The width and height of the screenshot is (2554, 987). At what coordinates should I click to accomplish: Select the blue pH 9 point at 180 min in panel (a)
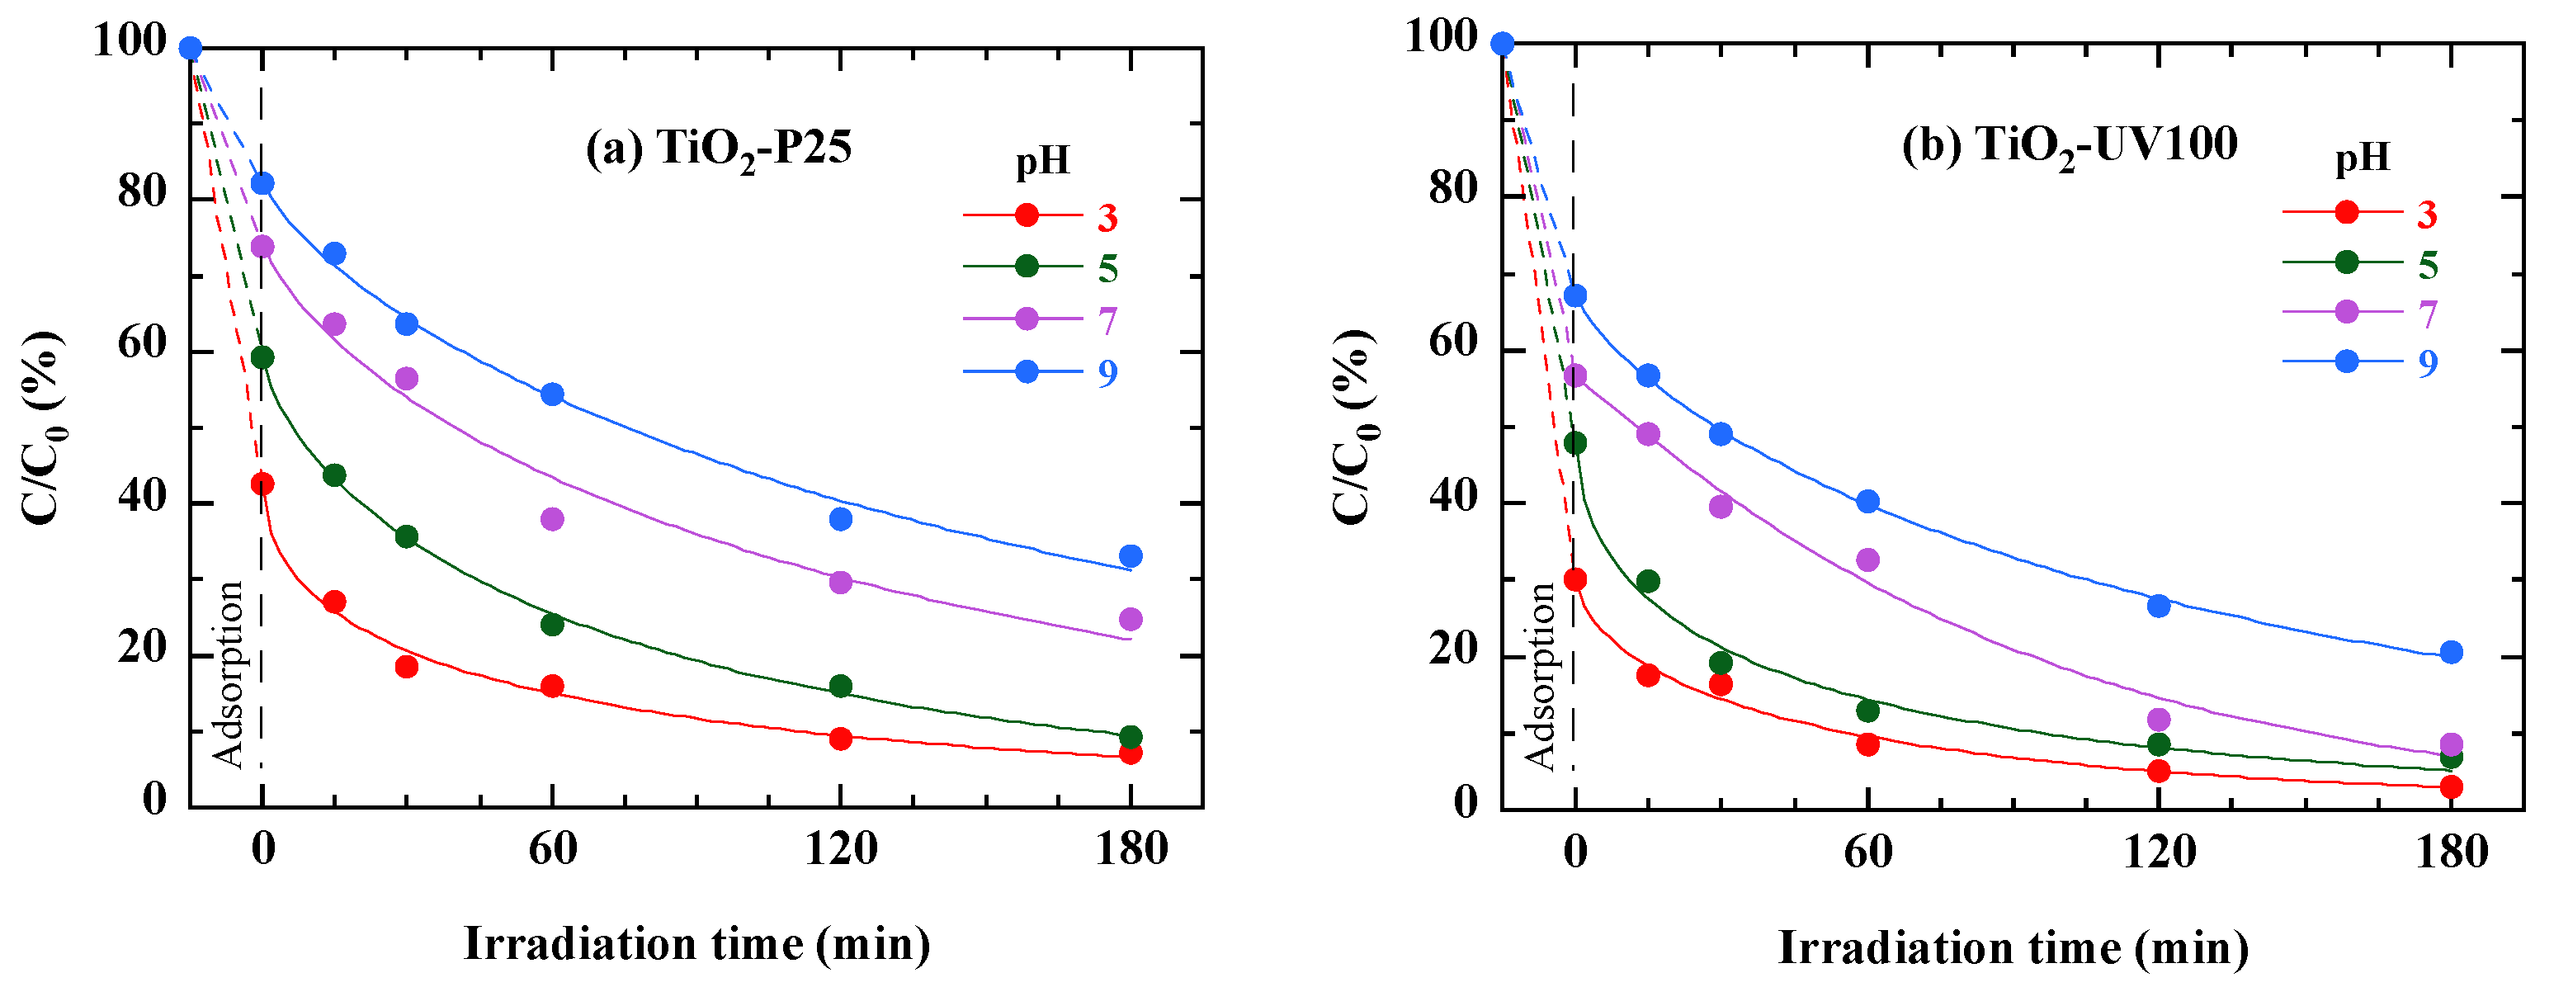click(x=1131, y=556)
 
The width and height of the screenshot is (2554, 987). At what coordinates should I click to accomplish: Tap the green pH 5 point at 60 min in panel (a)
click(x=552, y=625)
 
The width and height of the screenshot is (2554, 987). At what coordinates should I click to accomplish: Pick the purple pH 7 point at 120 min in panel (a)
click(x=841, y=583)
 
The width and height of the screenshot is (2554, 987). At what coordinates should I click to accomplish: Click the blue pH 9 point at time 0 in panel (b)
click(x=1574, y=295)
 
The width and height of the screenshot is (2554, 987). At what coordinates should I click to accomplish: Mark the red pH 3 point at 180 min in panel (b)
click(x=2451, y=787)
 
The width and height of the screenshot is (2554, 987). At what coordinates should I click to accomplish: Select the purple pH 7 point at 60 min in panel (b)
click(x=1868, y=560)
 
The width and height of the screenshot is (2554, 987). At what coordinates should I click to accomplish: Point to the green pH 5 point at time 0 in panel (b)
click(x=1574, y=443)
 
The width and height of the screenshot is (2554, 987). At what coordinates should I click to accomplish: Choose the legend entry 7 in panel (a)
click(x=1107, y=320)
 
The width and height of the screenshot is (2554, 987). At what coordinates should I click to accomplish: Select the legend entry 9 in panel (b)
click(x=2427, y=362)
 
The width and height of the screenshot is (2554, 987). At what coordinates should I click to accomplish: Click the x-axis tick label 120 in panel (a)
click(x=841, y=850)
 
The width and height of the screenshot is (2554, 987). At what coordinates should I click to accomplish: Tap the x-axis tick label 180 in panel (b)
click(x=2451, y=853)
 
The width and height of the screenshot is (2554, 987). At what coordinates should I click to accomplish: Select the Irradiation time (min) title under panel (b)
click(x=2013, y=947)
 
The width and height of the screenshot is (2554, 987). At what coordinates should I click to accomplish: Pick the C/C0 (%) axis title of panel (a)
click(x=44, y=427)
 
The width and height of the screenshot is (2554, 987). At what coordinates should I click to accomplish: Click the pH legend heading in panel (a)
click(x=1043, y=161)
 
